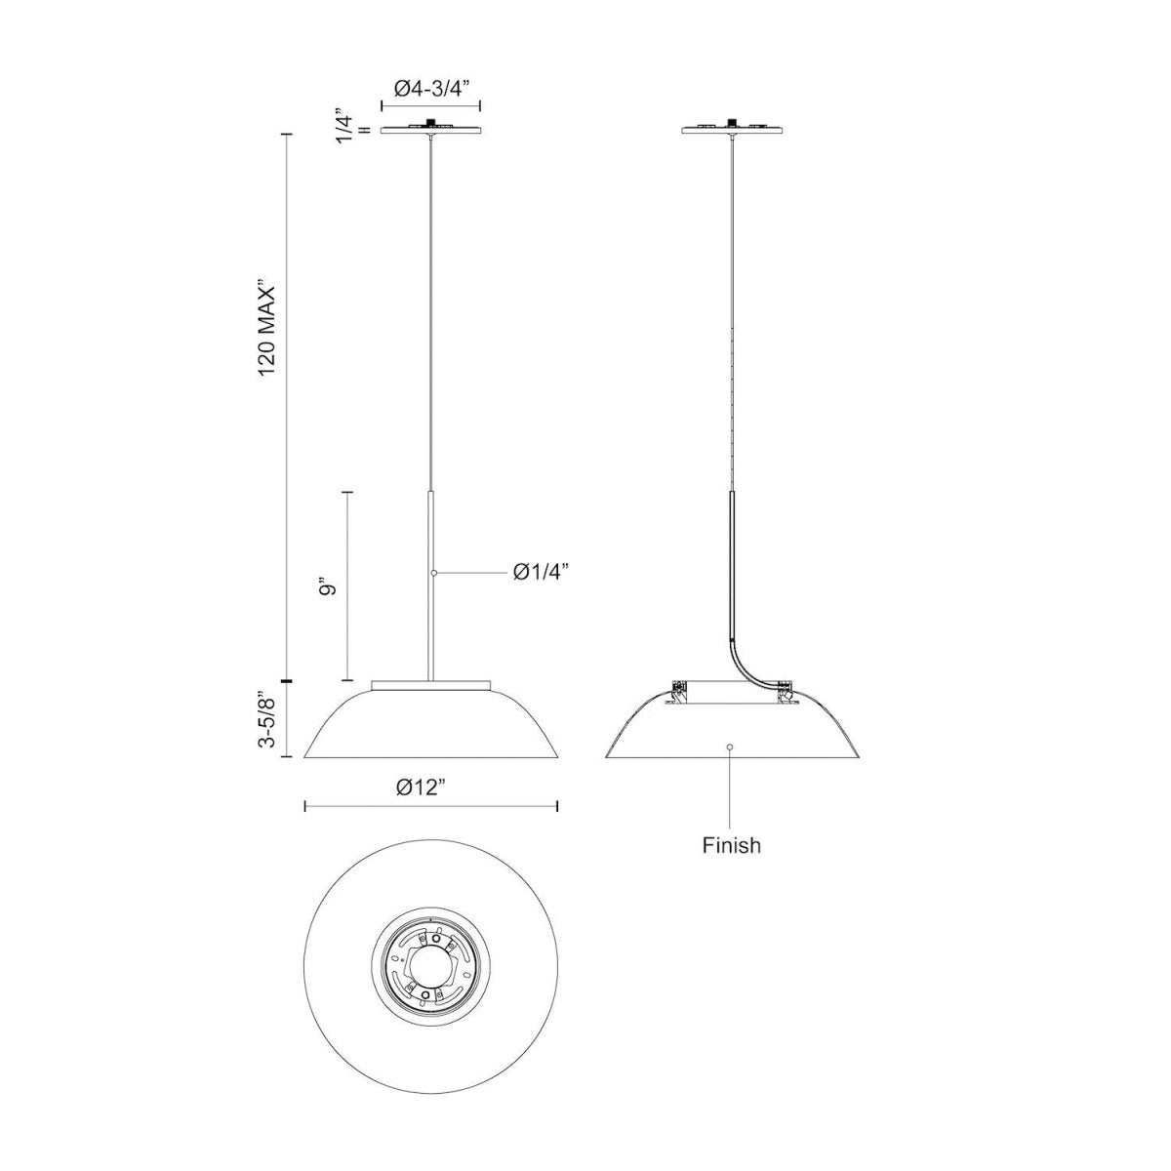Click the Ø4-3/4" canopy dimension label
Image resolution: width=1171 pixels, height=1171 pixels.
point(432,88)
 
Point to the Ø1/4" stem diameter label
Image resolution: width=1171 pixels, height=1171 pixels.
point(541,573)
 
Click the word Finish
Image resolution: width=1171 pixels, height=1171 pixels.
point(731,845)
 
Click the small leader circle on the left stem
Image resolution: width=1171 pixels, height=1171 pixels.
point(434,573)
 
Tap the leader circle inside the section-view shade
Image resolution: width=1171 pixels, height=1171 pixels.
point(731,747)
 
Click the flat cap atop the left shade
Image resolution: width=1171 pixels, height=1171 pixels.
point(430,685)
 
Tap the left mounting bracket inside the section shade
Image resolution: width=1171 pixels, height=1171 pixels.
point(678,690)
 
